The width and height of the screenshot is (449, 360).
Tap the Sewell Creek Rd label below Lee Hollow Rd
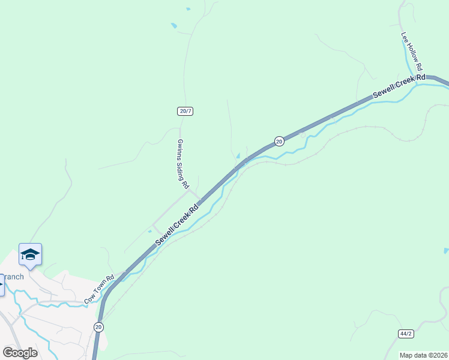tap(399, 86)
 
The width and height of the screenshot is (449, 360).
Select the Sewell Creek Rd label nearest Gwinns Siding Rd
tap(176, 226)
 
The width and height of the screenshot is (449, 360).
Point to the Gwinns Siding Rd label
tap(183, 164)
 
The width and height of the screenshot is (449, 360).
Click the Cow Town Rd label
tap(99, 289)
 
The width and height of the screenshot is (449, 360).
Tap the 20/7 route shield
tap(185, 111)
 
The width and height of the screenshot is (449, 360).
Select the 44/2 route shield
tap(406, 333)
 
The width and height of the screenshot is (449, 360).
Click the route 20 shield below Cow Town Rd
tap(98, 326)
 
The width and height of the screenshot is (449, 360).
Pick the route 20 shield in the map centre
tap(279, 140)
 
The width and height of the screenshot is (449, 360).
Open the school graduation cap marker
tap(30, 255)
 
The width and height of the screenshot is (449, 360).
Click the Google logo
tap(20, 353)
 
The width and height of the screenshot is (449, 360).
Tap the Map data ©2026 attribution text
tap(424, 355)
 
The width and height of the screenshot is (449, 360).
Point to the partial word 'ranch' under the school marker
tap(13, 277)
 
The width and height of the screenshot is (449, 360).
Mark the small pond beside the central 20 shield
tap(238, 156)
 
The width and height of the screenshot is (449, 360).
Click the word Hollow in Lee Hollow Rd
tap(412, 52)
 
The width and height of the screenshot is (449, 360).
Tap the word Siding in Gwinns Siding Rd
tap(184, 166)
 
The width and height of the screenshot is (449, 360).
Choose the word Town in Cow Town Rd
tap(100, 289)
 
